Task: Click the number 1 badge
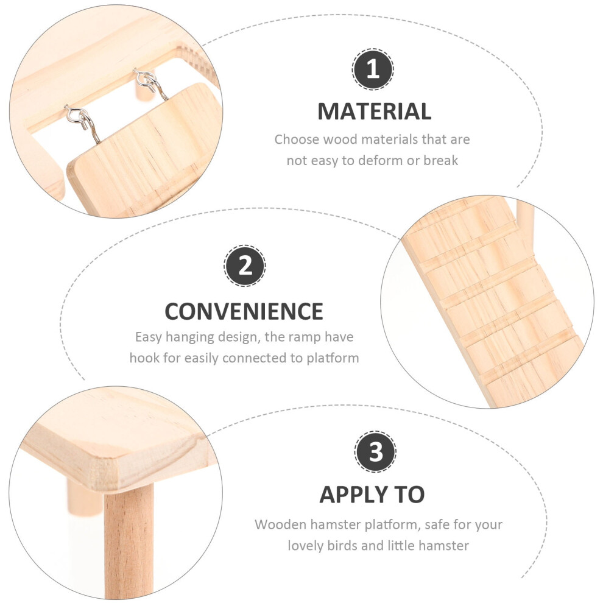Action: click(373, 69)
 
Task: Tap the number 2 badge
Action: click(245, 266)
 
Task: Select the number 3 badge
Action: click(375, 451)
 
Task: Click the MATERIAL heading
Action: click(374, 111)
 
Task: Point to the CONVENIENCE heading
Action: click(244, 311)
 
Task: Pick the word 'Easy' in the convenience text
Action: click(149, 337)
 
